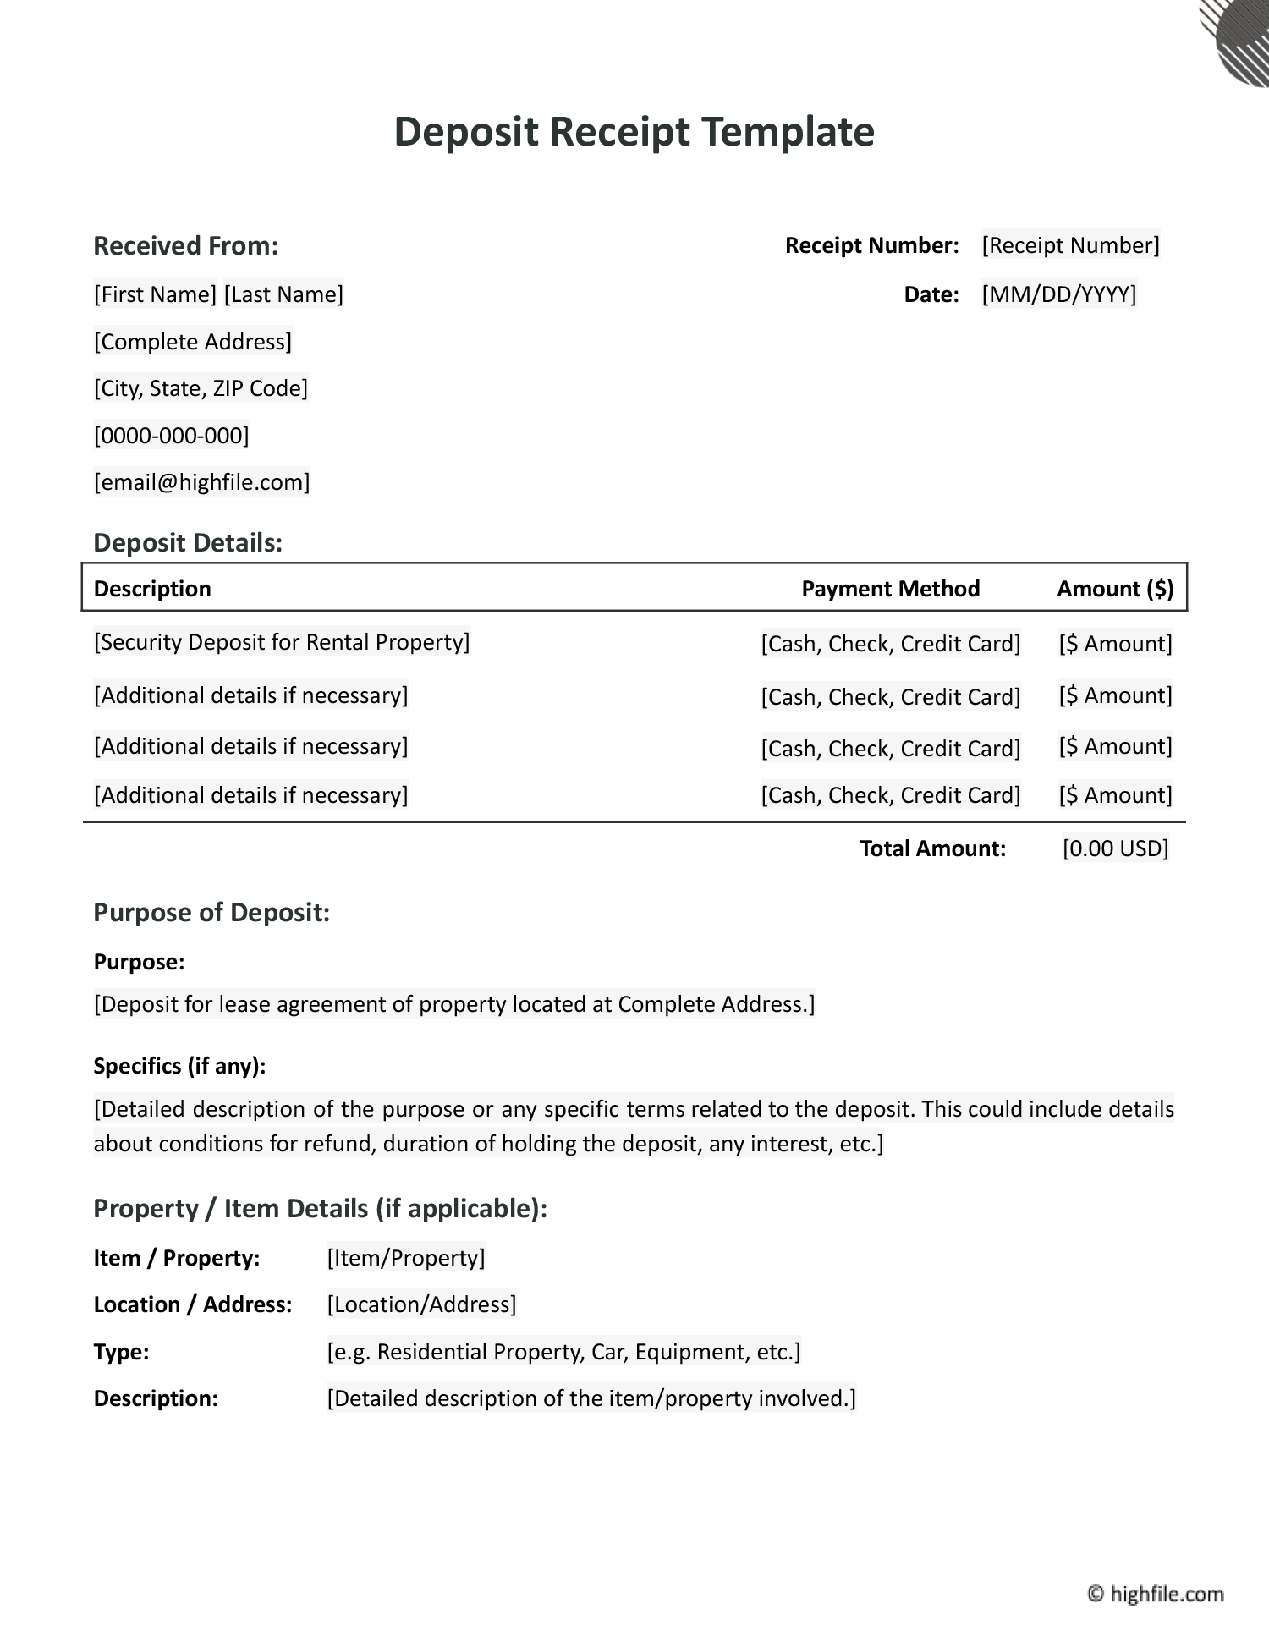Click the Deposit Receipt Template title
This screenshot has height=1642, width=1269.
coord(634,132)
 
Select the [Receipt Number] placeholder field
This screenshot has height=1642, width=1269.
coord(1070,245)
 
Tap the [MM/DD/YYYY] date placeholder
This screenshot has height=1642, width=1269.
coord(1058,294)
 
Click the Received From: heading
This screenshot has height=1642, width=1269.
coord(185,246)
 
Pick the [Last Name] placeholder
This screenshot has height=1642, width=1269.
coord(283,294)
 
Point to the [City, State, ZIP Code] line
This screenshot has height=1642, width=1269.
coord(201,388)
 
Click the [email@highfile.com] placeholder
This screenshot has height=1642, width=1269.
coord(201,482)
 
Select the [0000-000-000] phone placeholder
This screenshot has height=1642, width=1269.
coord(171,436)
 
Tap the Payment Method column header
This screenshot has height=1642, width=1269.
coord(890,589)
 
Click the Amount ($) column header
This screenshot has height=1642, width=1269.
coord(1115,589)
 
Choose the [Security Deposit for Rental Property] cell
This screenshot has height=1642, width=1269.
coord(282,642)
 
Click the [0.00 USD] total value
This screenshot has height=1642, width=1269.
coord(1115,848)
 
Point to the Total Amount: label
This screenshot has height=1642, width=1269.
coord(932,848)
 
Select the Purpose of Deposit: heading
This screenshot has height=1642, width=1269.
coord(211,913)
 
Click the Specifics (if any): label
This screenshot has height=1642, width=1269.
coord(179,1066)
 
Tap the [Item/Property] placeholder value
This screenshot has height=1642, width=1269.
coord(406,1258)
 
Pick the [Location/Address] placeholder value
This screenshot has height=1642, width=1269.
coord(421,1304)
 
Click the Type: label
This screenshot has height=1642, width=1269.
coord(121,1352)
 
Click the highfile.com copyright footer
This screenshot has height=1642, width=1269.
coord(1156,1594)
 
